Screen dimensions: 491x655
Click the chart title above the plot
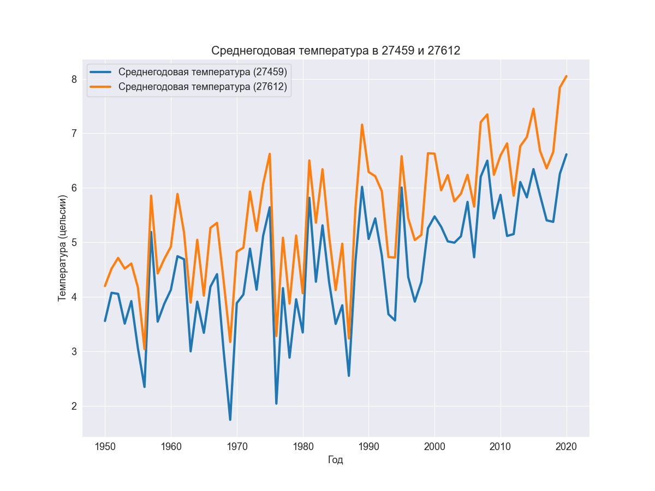[x=336, y=51]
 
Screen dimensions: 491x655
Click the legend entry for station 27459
[x=203, y=71]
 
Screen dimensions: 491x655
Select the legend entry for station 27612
[x=203, y=87]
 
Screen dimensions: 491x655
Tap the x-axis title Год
[x=336, y=460]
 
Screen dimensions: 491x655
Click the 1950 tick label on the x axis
[x=105, y=446]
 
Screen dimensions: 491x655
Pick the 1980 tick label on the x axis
[x=303, y=446]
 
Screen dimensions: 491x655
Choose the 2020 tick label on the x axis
[x=566, y=446]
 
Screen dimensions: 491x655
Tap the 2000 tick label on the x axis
[x=434, y=446]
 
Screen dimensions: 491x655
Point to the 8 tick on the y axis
[x=73, y=79]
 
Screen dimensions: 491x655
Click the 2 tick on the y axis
[x=73, y=406]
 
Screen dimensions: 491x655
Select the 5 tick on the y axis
[x=73, y=243]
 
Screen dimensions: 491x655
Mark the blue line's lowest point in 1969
[x=230, y=420]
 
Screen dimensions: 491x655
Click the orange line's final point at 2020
[x=566, y=76]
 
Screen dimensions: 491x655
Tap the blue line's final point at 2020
[x=566, y=154]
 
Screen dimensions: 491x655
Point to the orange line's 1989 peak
[x=362, y=124]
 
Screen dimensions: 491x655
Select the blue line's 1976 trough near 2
[x=276, y=403]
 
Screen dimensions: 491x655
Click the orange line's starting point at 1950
[x=105, y=286]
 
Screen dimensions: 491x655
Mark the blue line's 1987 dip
[x=349, y=375]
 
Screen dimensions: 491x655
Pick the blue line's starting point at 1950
[x=105, y=321]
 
